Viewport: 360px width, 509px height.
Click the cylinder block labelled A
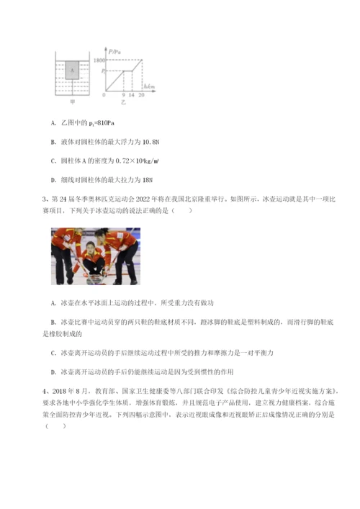72,71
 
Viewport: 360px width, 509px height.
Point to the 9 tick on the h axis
124,95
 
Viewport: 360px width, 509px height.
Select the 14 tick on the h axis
132,95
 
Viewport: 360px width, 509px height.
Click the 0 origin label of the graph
105,94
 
